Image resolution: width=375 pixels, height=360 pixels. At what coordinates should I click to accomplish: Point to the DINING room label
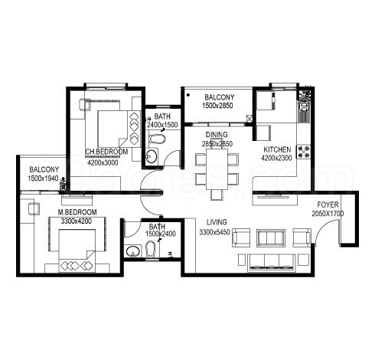(x=217, y=134)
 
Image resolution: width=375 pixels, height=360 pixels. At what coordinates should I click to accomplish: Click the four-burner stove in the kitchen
(x=304, y=151)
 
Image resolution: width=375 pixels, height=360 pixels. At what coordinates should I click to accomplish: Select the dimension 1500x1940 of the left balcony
(x=44, y=178)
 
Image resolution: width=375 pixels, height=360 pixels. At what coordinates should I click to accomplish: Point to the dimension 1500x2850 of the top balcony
(x=219, y=106)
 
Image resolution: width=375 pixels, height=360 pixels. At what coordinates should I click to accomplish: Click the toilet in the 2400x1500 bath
(x=158, y=139)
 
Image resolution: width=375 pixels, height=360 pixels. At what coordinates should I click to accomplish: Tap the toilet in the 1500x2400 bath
(x=148, y=250)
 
